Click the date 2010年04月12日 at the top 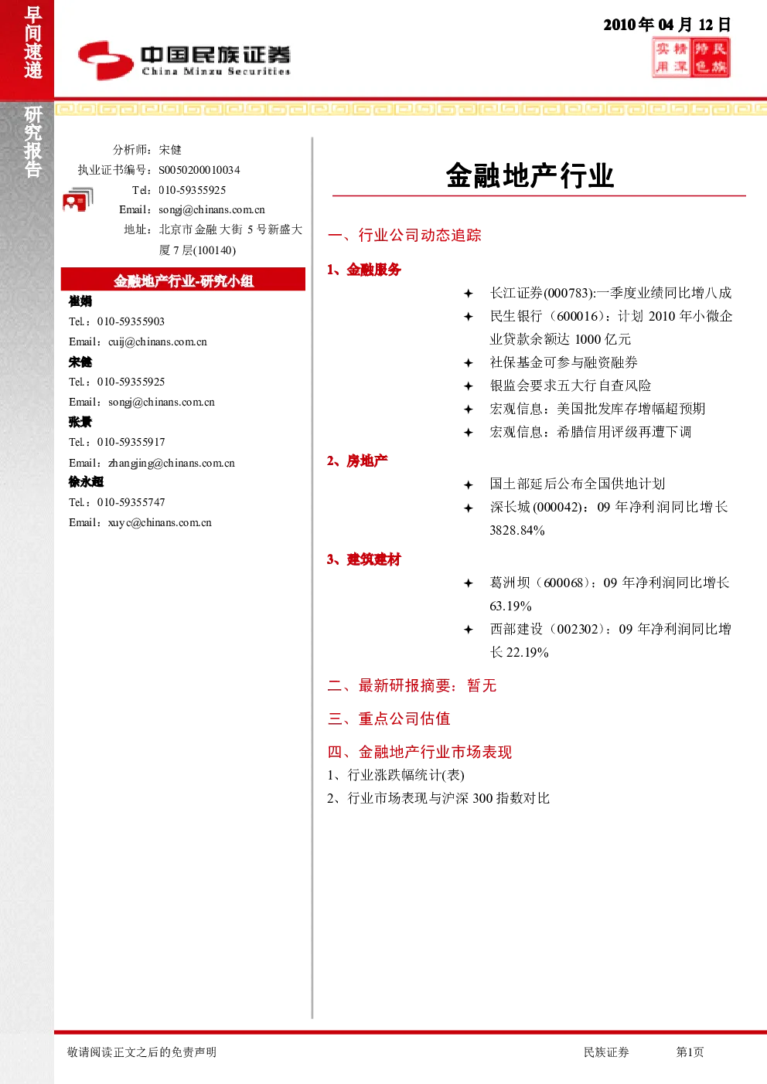[x=666, y=25]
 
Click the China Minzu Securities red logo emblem [x=106, y=60]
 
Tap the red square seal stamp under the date [x=691, y=59]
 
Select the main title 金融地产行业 [x=530, y=175]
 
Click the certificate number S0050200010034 [x=199, y=170]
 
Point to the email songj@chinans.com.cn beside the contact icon [x=212, y=209]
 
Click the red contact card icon [x=77, y=200]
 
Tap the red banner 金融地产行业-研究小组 [x=183, y=280]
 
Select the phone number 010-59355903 [x=131, y=321]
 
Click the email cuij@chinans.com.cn [x=158, y=342]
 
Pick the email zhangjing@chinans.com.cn [x=172, y=463]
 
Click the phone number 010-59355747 [x=131, y=502]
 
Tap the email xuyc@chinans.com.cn [x=160, y=522]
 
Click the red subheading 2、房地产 [x=357, y=460]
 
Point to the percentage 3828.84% [x=517, y=530]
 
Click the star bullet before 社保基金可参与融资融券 [x=469, y=363]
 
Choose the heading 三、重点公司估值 [x=389, y=719]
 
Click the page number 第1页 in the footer [x=690, y=1052]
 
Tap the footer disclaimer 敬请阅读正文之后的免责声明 [x=141, y=1052]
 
